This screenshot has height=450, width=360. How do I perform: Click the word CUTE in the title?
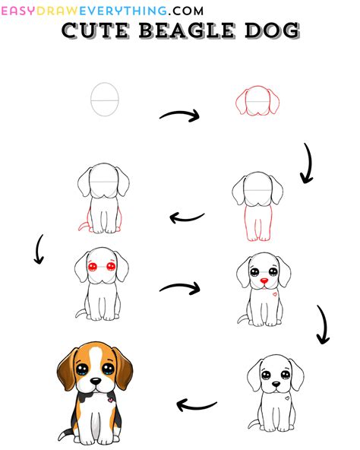[x=95, y=30]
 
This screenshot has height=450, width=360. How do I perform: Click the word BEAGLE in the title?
[x=187, y=30]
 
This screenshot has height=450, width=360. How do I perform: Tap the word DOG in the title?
[x=272, y=30]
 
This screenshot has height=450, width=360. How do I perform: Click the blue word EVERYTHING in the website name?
[x=123, y=11]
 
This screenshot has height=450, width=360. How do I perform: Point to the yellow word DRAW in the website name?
[x=58, y=11]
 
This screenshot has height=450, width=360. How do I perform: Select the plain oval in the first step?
[x=105, y=100]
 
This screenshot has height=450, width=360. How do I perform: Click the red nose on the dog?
[x=264, y=280]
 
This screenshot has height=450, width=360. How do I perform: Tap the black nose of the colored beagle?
[x=95, y=381]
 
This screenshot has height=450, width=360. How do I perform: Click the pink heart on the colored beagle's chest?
[x=109, y=400]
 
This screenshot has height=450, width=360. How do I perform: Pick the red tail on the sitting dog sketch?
[x=82, y=225]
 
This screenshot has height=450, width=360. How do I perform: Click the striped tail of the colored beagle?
[x=65, y=433]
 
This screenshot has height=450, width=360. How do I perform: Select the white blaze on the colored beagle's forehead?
[x=96, y=357]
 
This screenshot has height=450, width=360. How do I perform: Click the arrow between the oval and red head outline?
[x=179, y=115]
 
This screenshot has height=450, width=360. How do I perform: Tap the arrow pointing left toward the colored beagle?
[x=196, y=405]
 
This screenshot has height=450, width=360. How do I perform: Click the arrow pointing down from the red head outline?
[x=308, y=163]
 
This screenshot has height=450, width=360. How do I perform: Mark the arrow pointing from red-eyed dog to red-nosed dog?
[x=180, y=287]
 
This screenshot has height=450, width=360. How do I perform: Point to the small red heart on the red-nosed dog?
[x=275, y=294]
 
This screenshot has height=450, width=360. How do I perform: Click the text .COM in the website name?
[x=185, y=11]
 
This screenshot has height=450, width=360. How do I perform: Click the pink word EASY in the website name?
[x=19, y=11]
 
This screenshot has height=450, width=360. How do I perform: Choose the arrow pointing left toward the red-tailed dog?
[x=187, y=217]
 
